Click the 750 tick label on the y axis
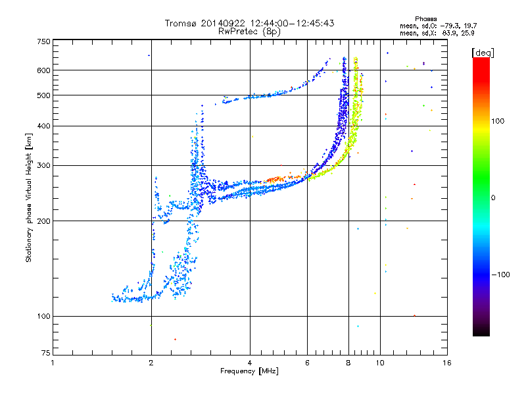point(43,41)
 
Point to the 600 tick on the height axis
point(43,70)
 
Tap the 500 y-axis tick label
point(43,95)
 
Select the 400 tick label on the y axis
point(43,126)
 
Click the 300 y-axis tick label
point(43,166)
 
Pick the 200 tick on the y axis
point(43,221)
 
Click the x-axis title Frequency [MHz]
point(249,372)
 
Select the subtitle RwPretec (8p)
point(249,31)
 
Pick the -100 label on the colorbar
point(502,275)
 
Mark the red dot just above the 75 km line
point(175,339)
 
